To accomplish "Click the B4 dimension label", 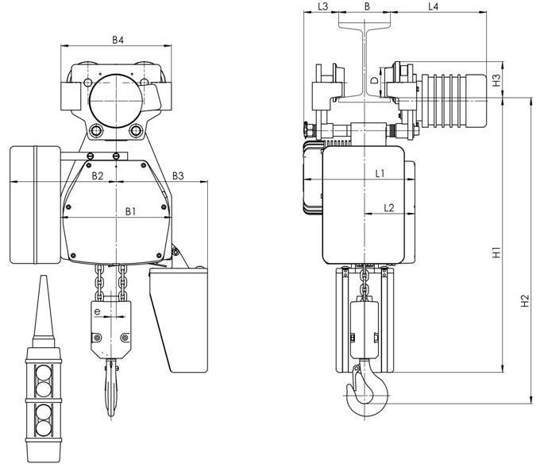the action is coord(118,40).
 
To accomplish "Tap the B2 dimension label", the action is coord(98,176).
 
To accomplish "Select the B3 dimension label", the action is coord(178,176).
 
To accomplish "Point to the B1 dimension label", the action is coord(130,211).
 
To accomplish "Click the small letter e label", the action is coord(98,311).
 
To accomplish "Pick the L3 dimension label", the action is coord(323,6).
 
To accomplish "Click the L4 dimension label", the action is coord(434,6).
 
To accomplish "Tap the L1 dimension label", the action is coord(380,174).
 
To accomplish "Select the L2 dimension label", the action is coord(389,207).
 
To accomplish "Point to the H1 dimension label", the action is coord(496,253).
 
